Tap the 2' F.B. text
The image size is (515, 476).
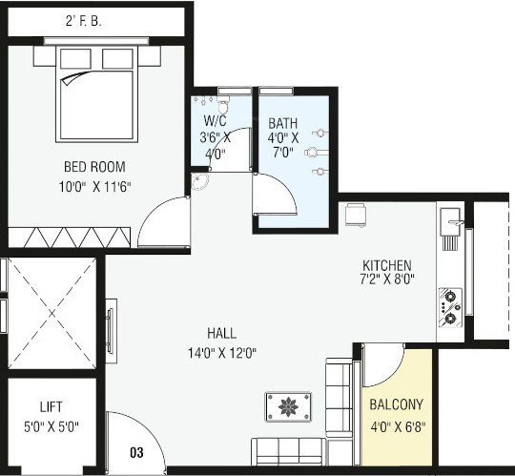tap(84, 20)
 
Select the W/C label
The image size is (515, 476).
tap(215, 121)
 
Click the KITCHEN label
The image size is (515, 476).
tap(386, 265)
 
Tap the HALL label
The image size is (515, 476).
tap(221, 333)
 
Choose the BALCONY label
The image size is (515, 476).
tap(396, 404)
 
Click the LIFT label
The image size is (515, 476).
tap(51, 405)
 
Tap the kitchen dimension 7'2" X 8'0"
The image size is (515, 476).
tap(385, 281)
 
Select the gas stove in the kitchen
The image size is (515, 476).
tap(450, 302)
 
